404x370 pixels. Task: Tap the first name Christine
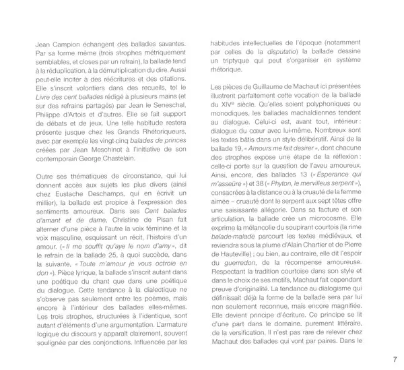[151, 228]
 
